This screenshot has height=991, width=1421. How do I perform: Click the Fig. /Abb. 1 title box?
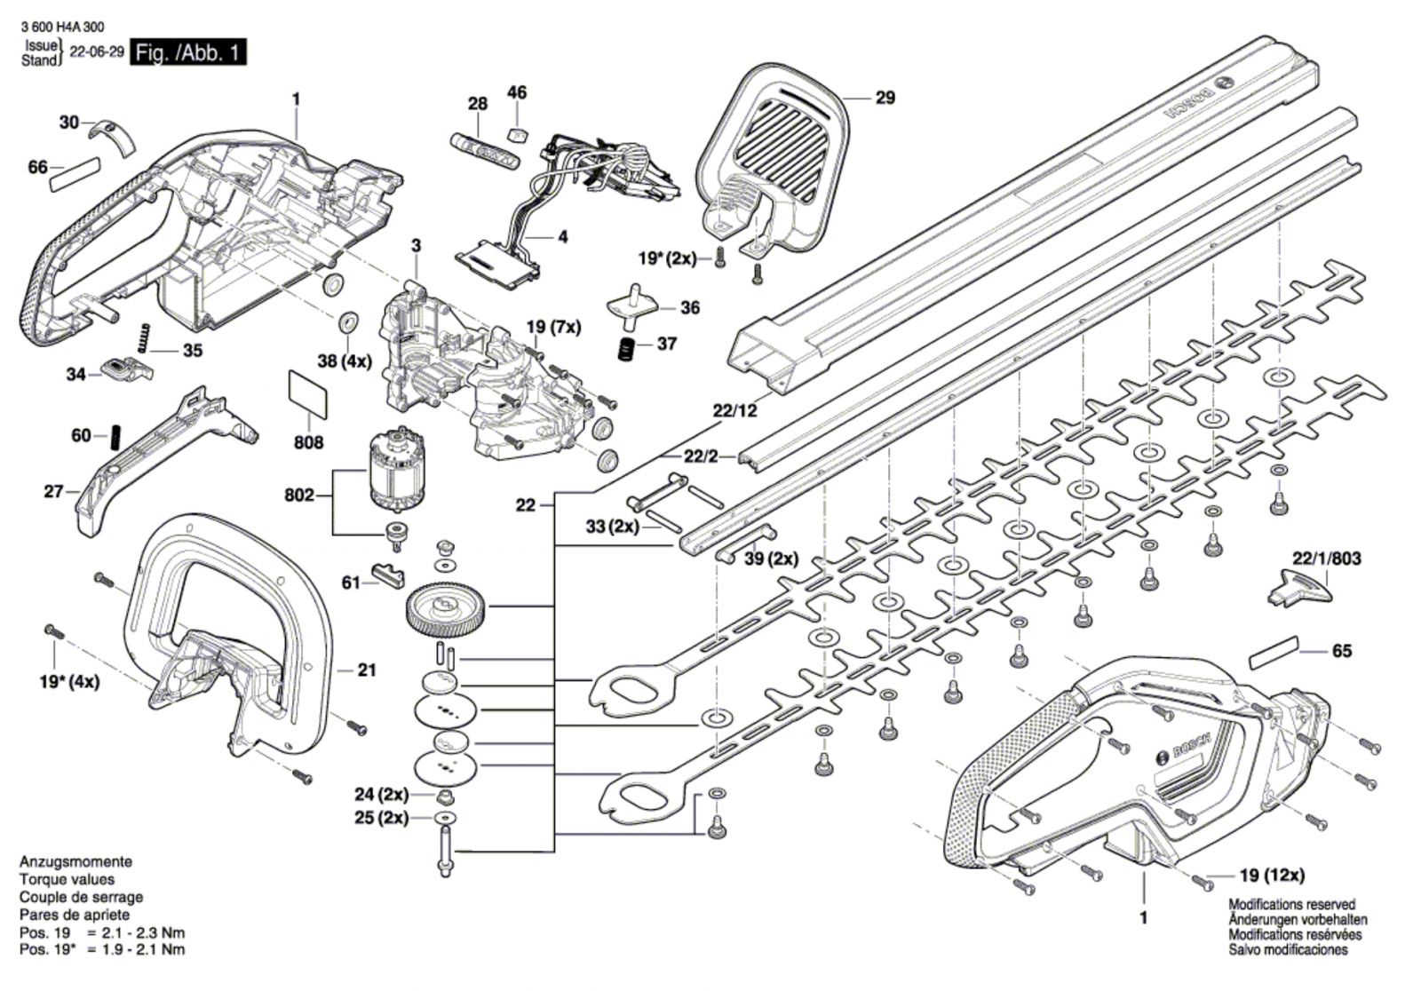click(187, 53)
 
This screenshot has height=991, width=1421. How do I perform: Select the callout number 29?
click(885, 98)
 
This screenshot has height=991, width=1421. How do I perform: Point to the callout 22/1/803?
click(1326, 559)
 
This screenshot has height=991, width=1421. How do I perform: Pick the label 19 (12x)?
click(1271, 876)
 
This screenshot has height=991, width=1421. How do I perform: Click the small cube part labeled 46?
click(517, 133)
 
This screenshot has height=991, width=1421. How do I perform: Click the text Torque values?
click(67, 879)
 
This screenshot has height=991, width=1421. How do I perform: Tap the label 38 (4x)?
click(345, 361)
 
